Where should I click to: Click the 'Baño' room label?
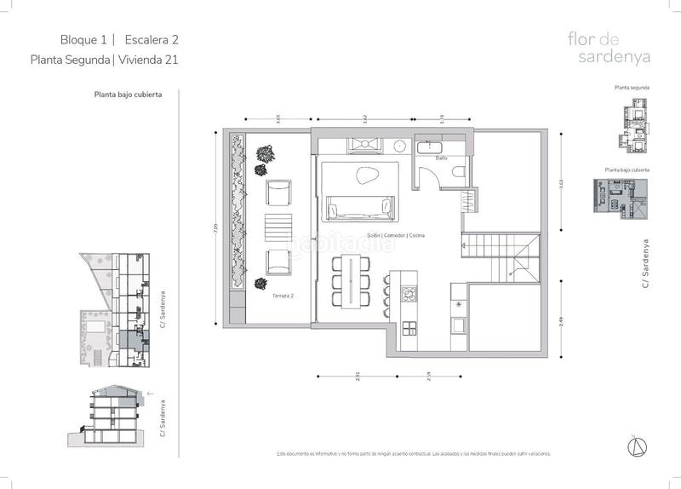tap(441, 158)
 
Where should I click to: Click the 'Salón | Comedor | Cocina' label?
tap(395, 235)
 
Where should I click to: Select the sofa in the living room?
tap(359, 207)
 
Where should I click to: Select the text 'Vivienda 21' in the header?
tap(147, 60)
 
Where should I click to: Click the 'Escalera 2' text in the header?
tap(152, 39)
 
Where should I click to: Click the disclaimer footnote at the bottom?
tap(414, 454)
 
